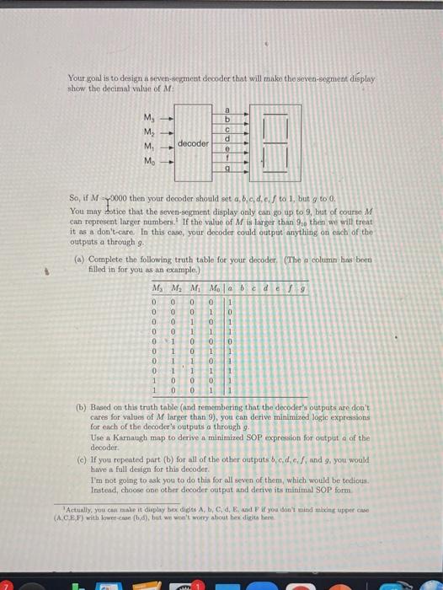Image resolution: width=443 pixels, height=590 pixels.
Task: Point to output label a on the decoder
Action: tap(226, 110)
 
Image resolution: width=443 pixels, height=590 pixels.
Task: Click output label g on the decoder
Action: tap(226, 168)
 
